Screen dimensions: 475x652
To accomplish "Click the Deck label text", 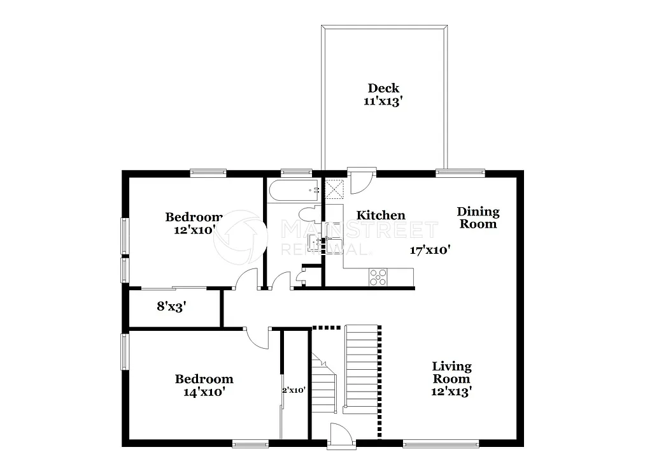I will (383, 88).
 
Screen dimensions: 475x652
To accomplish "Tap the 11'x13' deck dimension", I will (383, 101).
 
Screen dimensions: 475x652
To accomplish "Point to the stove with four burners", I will (378, 276).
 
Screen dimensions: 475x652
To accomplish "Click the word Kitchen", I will (380, 216).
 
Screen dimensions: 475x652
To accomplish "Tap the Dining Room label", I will (478, 217).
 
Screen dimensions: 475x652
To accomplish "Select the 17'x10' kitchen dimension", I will (430, 251).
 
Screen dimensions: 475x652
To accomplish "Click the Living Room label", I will (451, 372).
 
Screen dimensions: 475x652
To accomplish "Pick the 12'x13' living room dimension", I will (451, 391).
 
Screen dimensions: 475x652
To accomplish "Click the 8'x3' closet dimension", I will (171, 306).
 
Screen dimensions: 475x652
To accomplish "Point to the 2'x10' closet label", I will (294, 390).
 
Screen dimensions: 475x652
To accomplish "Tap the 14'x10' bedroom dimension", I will (204, 392).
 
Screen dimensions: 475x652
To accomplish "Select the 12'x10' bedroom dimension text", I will (195, 230).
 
